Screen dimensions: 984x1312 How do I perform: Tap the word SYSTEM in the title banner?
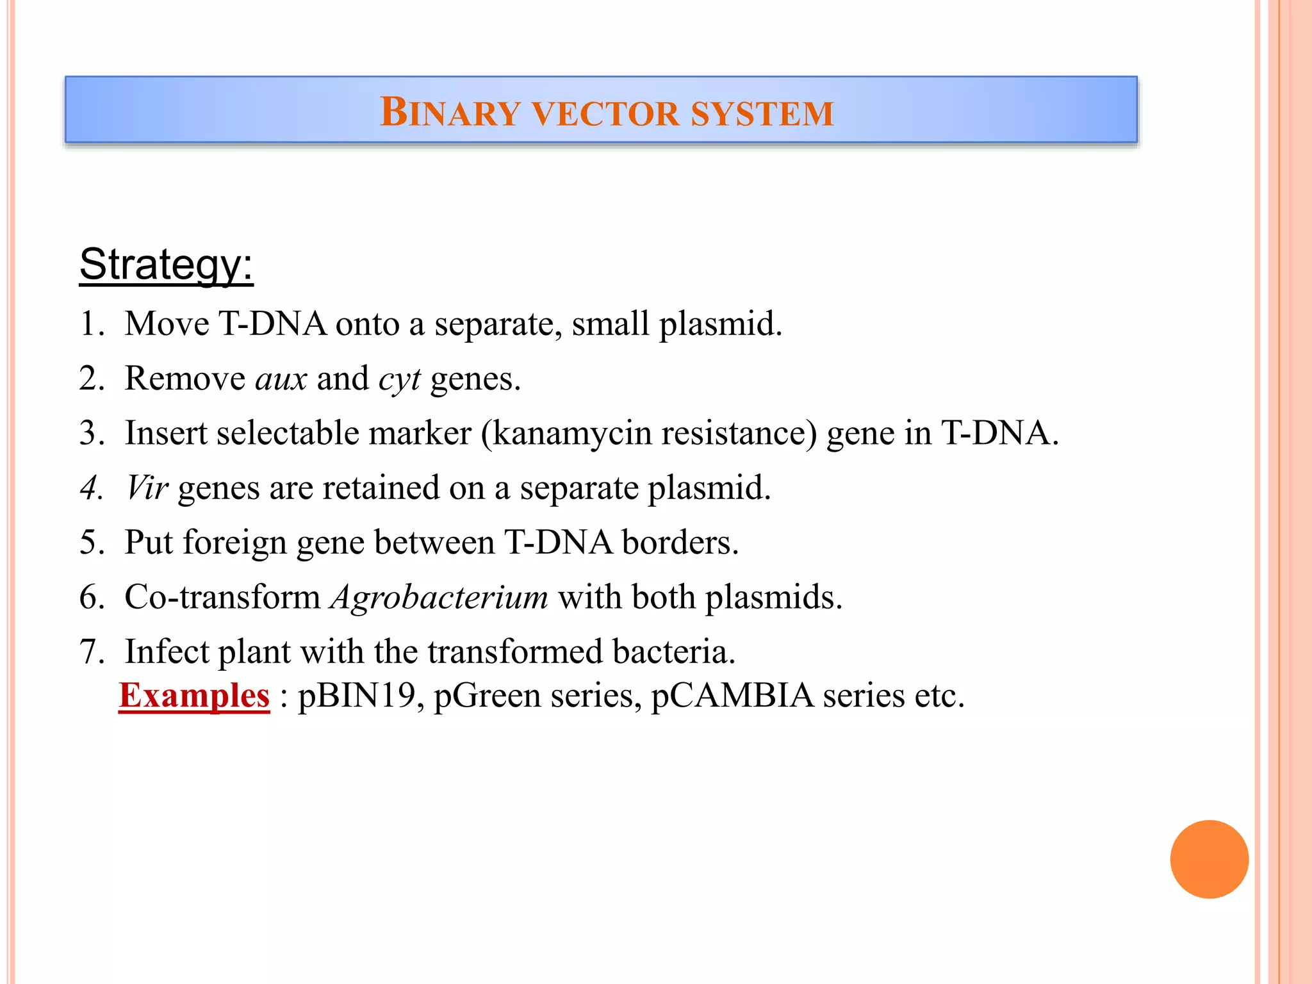[762, 113]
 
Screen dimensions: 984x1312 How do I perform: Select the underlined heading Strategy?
[166, 264]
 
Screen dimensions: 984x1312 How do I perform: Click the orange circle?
[1209, 859]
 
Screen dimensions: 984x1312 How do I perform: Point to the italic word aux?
[281, 379]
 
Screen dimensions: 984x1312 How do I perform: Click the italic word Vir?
[147, 488]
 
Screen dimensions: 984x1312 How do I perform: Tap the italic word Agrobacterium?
[439, 598]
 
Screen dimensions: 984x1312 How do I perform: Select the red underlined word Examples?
[194, 696]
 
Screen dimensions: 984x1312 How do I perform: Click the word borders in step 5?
[680, 543]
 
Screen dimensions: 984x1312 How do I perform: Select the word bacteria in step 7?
[673, 652]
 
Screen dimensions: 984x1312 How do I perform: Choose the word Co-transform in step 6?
[222, 598]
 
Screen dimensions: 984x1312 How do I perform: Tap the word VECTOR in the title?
[605, 113]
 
